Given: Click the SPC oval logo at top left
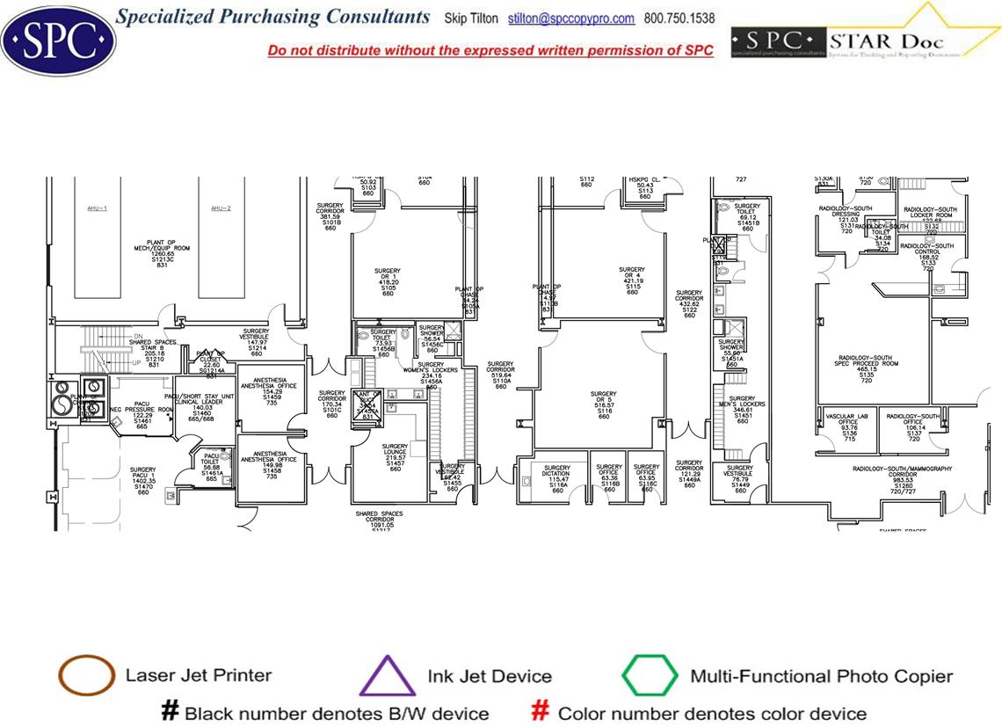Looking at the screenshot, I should pos(58,38).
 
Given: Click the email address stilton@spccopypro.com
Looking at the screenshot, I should pos(571,18).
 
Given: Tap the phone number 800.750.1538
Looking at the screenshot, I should pos(679,18).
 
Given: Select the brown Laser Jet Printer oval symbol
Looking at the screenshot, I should pos(86,675).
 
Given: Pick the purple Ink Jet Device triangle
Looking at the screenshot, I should pos(388,676).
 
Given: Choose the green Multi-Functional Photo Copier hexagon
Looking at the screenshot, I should pos(650,676).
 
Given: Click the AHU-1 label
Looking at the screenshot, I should pos(98,208).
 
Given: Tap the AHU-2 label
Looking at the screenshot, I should pos(220,208).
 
